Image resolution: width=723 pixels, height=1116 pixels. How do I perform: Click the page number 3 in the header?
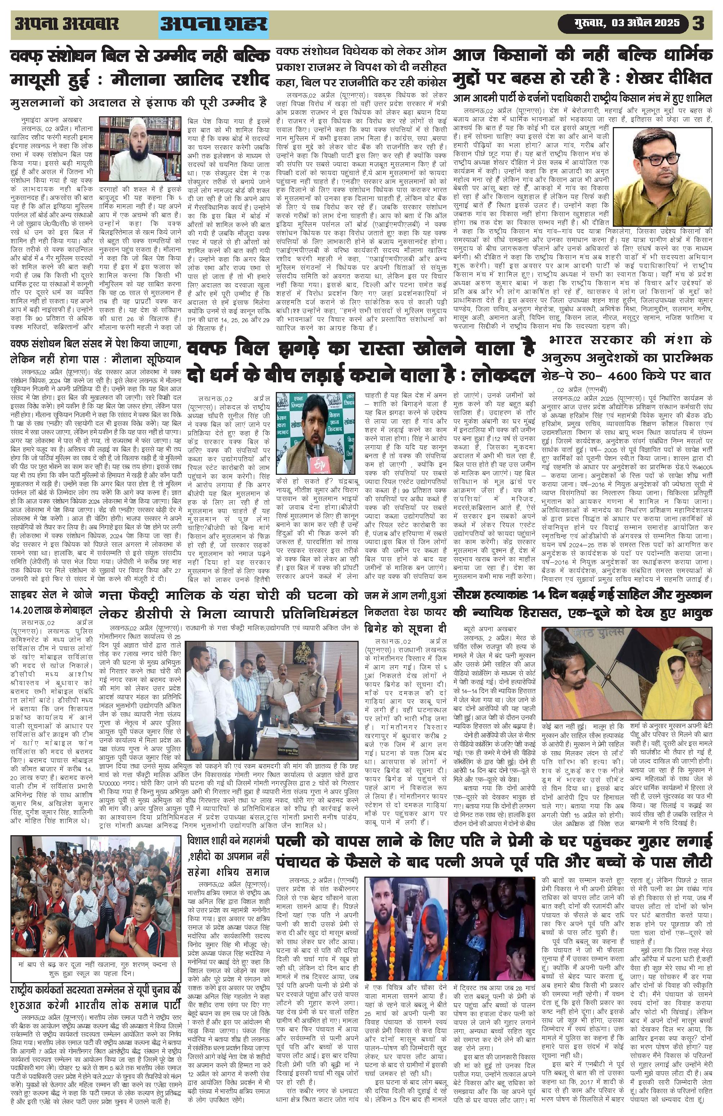(698, 23)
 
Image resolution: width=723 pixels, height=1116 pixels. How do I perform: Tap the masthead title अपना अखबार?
(66, 23)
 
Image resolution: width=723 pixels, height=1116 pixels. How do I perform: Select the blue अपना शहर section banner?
(214, 24)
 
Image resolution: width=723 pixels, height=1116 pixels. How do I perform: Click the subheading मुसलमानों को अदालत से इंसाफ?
(138, 102)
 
